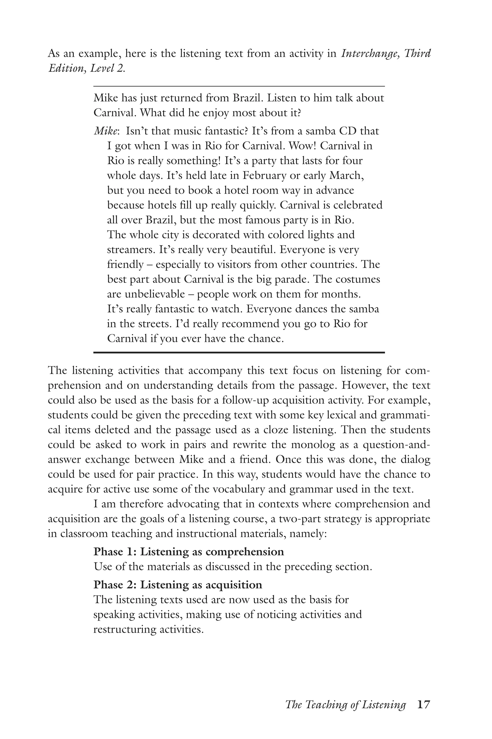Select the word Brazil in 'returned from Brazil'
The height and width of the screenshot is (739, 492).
(x=246, y=98)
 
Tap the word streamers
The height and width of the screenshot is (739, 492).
(x=131, y=250)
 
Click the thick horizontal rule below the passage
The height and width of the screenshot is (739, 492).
(x=239, y=352)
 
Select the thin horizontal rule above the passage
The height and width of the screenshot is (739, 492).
(x=239, y=86)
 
